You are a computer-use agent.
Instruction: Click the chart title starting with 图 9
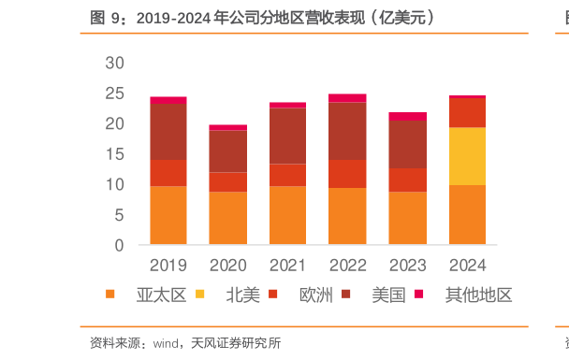coord(261,18)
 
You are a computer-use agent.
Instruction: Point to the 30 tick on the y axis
coord(114,63)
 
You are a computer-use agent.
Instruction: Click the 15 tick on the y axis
coord(114,154)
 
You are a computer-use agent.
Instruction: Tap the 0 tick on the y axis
coord(119,246)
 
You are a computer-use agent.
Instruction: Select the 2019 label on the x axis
coord(168,265)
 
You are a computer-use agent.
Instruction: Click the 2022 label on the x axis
coord(347,265)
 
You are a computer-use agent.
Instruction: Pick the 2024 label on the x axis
coord(467,265)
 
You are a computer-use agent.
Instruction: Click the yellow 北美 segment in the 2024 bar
coord(467,156)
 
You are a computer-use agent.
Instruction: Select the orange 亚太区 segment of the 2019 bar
coord(168,215)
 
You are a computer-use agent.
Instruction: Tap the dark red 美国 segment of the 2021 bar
coord(287,136)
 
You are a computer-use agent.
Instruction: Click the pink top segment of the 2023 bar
coord(407,117)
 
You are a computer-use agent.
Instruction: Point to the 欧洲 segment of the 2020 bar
coord(227,182)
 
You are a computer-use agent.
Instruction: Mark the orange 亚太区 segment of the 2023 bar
coord(407,218)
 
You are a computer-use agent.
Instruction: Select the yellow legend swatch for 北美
coord(200,295)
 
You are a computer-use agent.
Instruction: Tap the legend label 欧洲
coord(315,295)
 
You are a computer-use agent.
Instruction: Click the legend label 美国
coord(388,295)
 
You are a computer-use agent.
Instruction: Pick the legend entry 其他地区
coord(478,295)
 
